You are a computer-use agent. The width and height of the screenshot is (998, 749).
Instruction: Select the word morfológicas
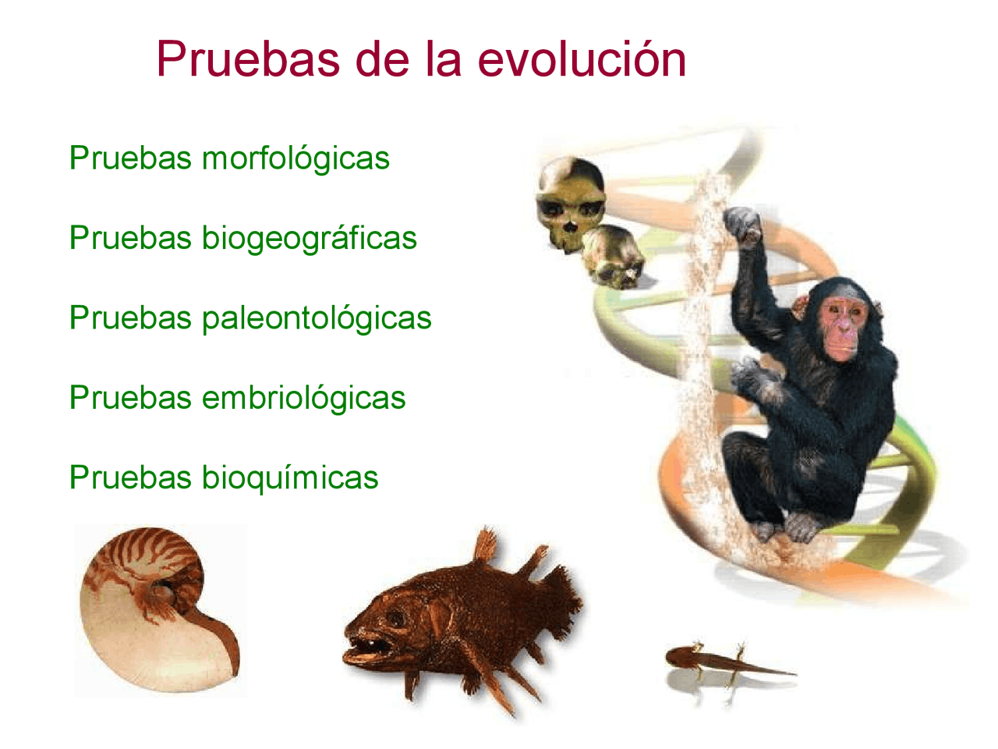coord(296,158)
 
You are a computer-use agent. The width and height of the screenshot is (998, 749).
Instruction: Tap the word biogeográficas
coord(310,239)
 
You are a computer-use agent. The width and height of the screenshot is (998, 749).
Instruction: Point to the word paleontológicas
coord(317,318)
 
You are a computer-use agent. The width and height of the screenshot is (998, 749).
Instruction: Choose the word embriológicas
coord(303,398)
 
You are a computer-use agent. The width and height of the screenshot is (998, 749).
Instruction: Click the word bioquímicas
coord(290,477)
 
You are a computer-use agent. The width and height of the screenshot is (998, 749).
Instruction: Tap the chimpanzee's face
coord(844,325)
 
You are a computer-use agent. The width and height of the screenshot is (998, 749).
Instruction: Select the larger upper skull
coord(571,201)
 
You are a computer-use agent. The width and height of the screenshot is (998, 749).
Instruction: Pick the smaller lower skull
coord(614,256)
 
